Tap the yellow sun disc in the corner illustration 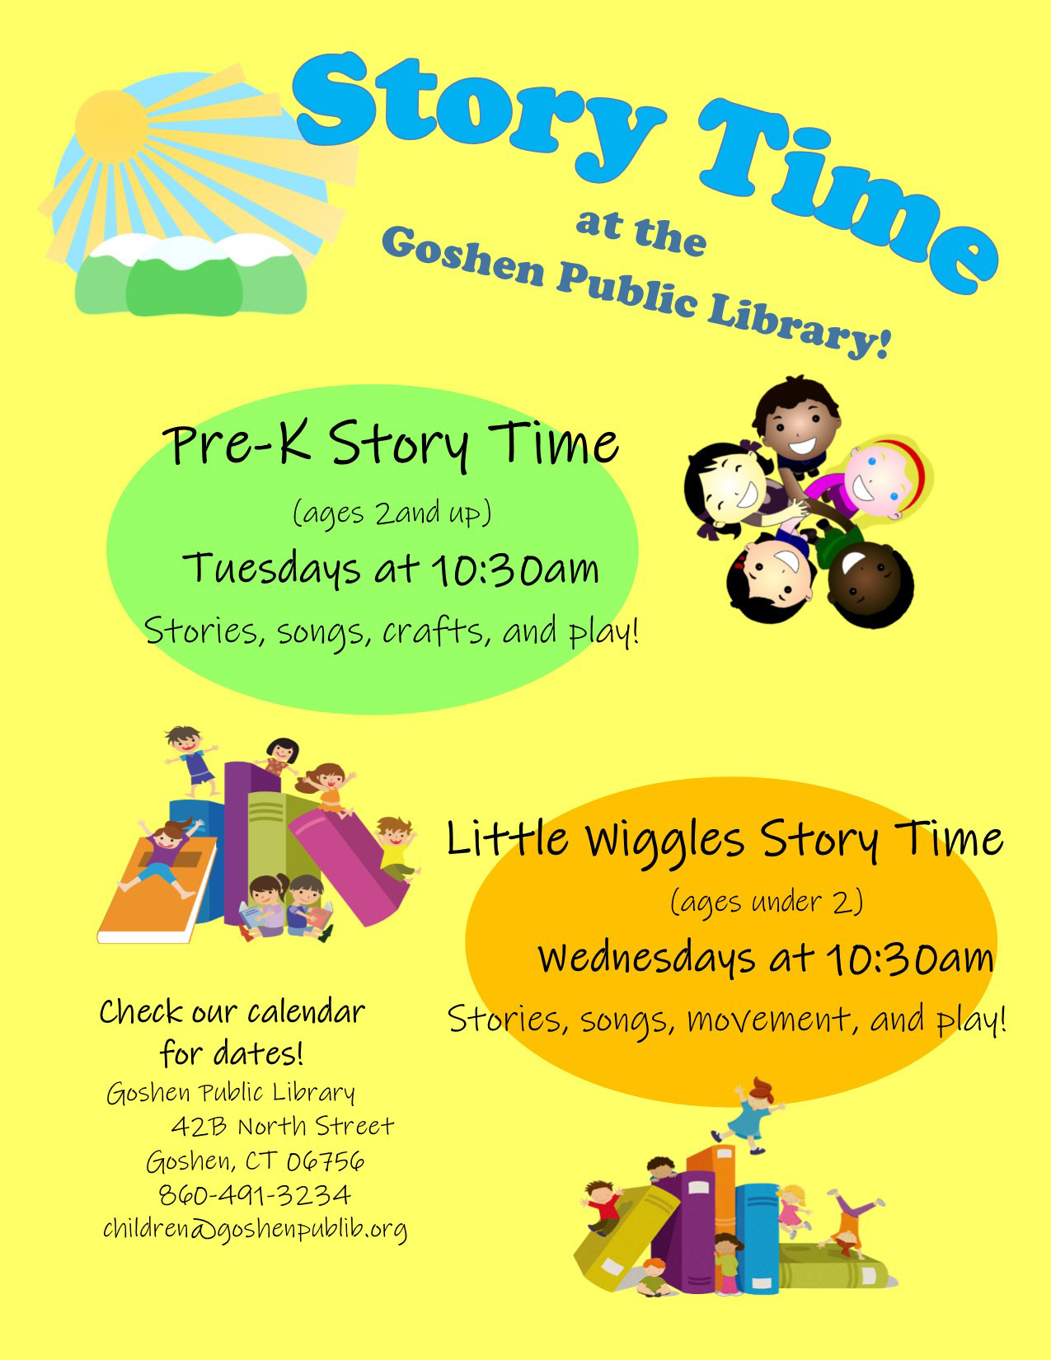(111, 126)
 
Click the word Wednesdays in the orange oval (647, 959)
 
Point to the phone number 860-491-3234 (255, 1195)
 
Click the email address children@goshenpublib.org (256, 1229)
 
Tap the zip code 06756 (326, 1161)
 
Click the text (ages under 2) (767, 902)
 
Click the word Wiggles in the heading (664, 842)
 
